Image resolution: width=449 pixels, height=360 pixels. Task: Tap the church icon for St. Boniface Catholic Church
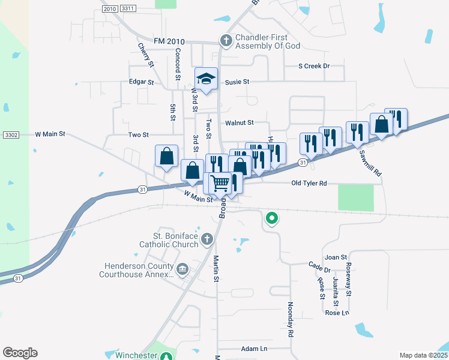[x=206, y=239]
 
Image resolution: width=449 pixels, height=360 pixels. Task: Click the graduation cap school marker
[x=206, y=79]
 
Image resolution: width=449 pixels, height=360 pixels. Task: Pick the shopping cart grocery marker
[x=221, y=182]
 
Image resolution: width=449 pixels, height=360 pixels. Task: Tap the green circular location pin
[x=272, y=218]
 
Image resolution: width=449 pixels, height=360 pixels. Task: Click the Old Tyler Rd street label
[x=309, y=183]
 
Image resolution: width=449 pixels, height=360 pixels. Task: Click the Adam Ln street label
[x=254, y=349]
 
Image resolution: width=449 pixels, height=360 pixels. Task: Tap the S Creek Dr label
[x=315, y=66]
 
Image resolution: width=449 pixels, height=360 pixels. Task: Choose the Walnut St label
[x=240, y=122]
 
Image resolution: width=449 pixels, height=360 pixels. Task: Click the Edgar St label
[x=142, y=82]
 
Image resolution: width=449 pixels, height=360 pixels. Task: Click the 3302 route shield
[x=11, y=134]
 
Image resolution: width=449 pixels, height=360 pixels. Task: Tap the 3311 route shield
[x=127, y=8]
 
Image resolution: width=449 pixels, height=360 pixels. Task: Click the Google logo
[x=20, y=353]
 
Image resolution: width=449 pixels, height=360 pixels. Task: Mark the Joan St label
[x=336, y=257]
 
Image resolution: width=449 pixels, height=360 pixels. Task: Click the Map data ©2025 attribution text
[x=423, y=355]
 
